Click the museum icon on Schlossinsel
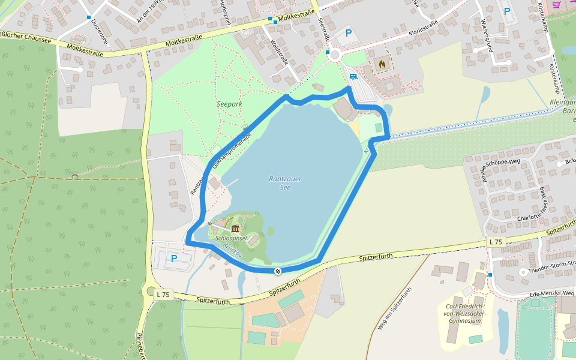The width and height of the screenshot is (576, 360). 235,229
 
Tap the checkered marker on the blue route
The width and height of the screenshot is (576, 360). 278,272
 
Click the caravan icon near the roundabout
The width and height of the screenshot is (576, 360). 353,77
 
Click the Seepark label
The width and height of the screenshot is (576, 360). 229,104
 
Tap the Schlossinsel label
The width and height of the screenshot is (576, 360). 232,238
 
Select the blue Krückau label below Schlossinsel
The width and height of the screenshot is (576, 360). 232,250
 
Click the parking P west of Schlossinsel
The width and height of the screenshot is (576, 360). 174,259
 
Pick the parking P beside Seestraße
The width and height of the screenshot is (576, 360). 349,34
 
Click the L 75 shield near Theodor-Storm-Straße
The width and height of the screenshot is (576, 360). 496,241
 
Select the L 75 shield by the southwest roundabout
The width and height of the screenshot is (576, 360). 163,294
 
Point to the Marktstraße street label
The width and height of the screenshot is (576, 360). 424,28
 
